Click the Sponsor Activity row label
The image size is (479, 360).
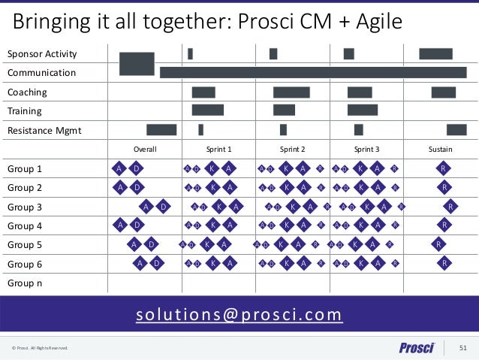42,54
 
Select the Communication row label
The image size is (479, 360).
41,73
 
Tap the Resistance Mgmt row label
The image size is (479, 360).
44,131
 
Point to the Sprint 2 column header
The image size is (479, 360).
292,150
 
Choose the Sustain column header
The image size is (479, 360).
440,150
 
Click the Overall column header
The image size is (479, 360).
144,150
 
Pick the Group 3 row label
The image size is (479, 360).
25,207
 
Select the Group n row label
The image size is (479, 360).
25,283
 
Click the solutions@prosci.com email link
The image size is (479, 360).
239,314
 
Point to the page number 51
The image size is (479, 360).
462,347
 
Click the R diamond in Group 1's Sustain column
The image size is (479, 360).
444,168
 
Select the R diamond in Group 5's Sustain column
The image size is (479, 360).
438,244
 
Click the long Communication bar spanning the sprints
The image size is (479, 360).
313,72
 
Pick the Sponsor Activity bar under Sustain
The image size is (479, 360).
435,53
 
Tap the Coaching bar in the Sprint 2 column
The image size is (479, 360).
291,92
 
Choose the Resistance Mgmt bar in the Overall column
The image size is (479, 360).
161,129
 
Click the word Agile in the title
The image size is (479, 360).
378,20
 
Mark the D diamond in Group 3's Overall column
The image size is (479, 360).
164,207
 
